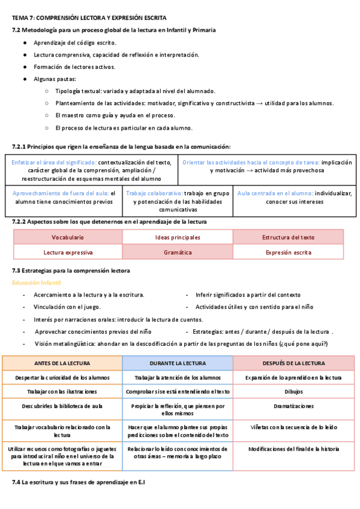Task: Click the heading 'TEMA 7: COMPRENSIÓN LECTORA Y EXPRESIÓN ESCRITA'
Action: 89,19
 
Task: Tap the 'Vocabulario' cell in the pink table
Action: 68,238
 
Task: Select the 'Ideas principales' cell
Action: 178,238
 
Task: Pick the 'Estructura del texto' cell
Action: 288,238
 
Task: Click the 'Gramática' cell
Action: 178,253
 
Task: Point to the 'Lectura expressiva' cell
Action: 68,253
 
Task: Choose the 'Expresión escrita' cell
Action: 288,253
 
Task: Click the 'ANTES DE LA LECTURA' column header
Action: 62,363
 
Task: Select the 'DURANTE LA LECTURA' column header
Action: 178,363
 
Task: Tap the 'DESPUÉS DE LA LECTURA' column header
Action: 293,363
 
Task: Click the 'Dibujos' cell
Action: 293,391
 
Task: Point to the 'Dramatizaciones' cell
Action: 293,406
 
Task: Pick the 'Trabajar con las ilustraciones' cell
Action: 62,391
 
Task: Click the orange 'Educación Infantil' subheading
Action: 37,283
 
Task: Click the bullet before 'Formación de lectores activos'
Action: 25,67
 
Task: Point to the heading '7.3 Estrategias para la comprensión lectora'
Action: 71,271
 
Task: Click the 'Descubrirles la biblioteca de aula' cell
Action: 62,406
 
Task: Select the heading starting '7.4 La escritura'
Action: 79,483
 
